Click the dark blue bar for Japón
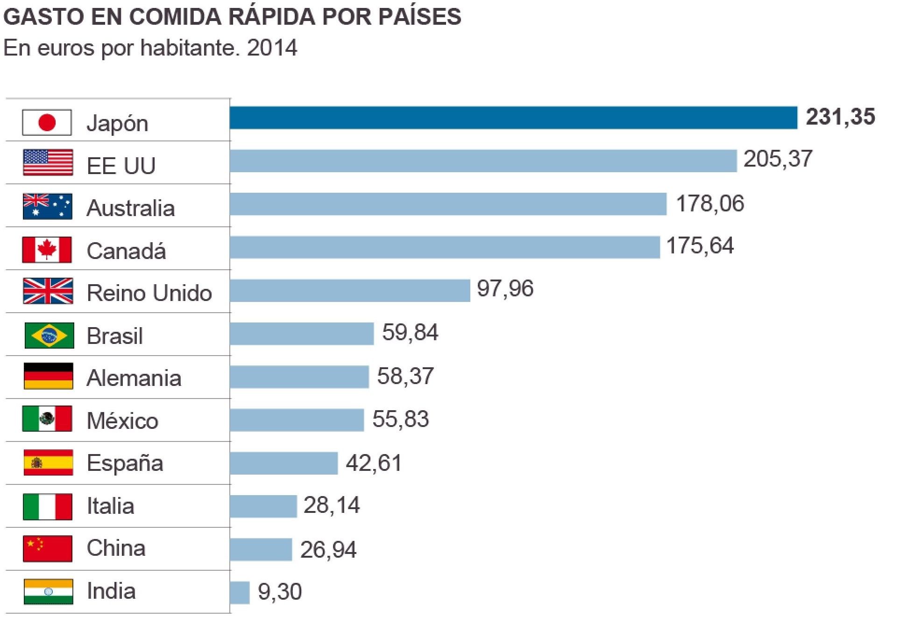pos(513,118)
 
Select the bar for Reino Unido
pos(349,291)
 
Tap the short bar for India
pos(240,592)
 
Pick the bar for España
pos(284,463)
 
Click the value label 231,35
pos(840,117)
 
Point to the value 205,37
pos(778,159)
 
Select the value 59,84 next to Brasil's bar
pos(410,333)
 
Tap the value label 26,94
pos(328,550)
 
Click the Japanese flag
pos(47,123)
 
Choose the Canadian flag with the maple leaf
pos(47,250)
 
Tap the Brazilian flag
pos(49,336)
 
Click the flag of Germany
pos(48,376)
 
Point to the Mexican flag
pos(47,419)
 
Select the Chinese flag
pos(48,549)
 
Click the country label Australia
pos(131,208)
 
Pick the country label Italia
pos(111,506)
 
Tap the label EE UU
pos(121,166)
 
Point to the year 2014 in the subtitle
pos(272,48)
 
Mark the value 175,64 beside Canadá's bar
pos(700,246)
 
